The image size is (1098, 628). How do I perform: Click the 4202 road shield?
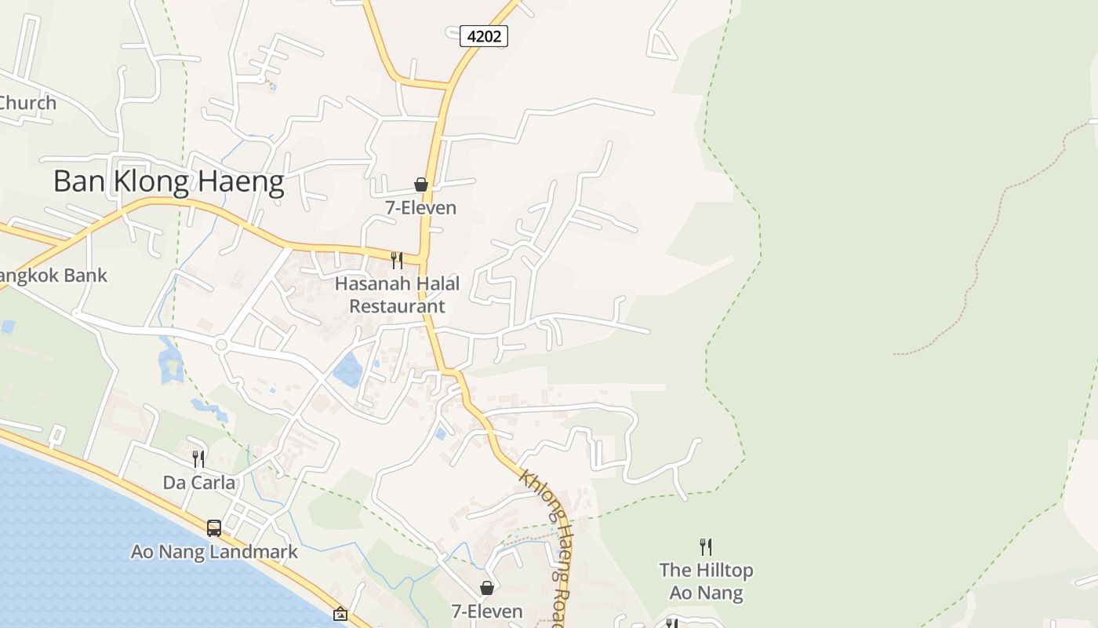[483, 36]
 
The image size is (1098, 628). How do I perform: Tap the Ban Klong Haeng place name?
[169, 181]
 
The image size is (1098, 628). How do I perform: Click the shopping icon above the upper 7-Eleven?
[421, 184]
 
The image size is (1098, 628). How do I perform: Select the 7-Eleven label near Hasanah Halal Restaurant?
[420, 208]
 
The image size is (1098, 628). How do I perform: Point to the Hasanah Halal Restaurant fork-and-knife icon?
[397, 260]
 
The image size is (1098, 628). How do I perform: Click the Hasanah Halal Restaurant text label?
[397, 294]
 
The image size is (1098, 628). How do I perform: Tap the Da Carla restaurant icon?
[198, 458]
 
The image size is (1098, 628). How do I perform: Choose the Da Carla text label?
[198, 482]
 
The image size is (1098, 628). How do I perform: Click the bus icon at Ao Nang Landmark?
[213, 528]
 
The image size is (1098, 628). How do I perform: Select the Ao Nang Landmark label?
[214, 552]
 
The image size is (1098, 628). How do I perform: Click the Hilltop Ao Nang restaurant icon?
[706, 546]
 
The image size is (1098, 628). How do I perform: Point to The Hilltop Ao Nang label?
[706, 581]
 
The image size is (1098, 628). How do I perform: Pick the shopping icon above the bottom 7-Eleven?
[487, 588]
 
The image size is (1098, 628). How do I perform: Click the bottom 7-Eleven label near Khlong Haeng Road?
[486, 611]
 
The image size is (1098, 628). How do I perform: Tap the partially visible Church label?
[28, 103]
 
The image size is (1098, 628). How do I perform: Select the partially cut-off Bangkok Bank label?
[53, 276]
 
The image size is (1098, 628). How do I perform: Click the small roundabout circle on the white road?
[221, 345]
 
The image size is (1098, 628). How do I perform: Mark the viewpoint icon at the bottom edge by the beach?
[340, 614]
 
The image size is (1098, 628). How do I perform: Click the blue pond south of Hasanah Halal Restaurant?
[347, 370]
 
